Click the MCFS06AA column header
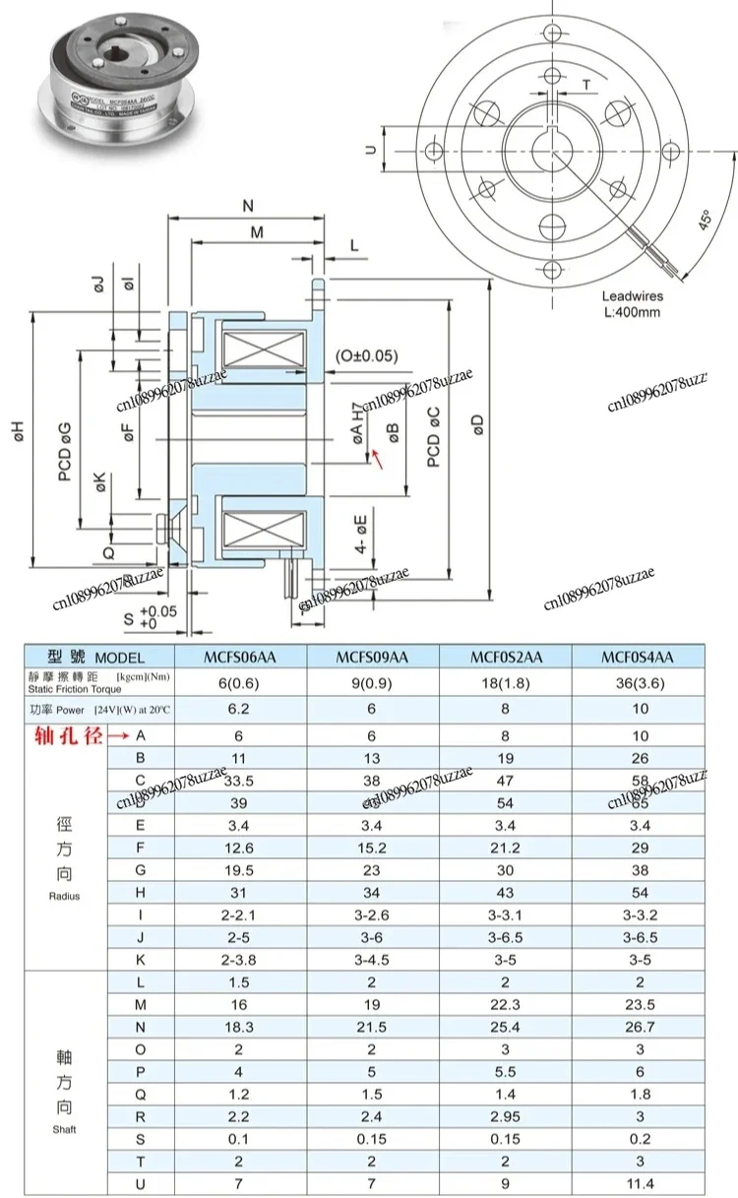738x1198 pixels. (x=240, y=657)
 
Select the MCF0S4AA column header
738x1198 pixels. (x=640, y=657)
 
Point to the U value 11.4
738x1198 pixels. (x=640, y=1180)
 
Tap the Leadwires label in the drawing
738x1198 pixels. (x=634, y=295)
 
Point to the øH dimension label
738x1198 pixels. (x=20, y=432)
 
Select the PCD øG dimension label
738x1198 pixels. (x=65, y=454)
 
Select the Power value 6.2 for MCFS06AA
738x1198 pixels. (x=240, y=709)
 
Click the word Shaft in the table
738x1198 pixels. (x=63, y=1129)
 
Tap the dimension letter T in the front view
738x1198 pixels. (x=586, y=86)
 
